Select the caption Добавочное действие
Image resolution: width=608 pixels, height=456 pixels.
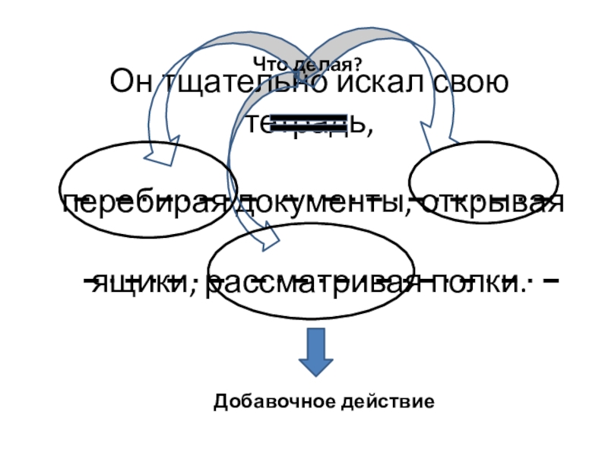(x=325, y=400)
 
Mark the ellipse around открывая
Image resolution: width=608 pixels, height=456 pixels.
(x=484, y=182)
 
